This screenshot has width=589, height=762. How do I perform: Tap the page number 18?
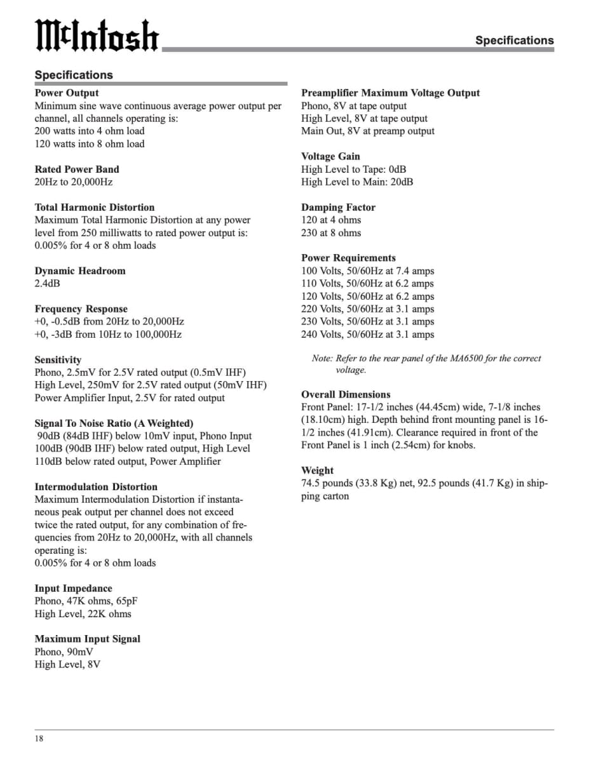[39, 739]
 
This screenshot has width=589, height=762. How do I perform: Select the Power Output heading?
[67, 93]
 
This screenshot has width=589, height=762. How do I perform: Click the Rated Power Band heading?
[76, 169]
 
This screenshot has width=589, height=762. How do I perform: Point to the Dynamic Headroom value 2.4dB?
[47, 283]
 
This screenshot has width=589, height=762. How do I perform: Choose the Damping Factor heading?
[338, 207]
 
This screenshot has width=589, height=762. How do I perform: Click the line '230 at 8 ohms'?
[331, 232]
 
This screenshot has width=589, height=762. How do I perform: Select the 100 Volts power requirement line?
[367, 271]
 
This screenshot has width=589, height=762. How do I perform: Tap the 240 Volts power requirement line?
[367, 334]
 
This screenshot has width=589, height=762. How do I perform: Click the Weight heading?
[317, 471]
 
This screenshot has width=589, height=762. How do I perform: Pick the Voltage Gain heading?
[330, 156]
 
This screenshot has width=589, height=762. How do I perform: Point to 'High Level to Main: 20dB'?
[357, 182]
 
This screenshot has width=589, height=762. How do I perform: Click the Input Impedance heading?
[73, 588]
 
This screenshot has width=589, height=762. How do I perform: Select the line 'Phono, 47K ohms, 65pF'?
[82, 601]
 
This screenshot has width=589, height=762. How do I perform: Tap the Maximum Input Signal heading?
[87, 639]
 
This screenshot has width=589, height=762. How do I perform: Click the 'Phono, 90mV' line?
[64, 652]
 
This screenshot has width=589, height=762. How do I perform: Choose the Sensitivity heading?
[58, 359]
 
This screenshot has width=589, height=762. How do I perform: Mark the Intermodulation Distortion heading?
[96, 486]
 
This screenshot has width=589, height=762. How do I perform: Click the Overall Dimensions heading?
[346, 394]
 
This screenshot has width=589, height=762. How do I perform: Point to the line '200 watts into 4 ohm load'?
[89, 131]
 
